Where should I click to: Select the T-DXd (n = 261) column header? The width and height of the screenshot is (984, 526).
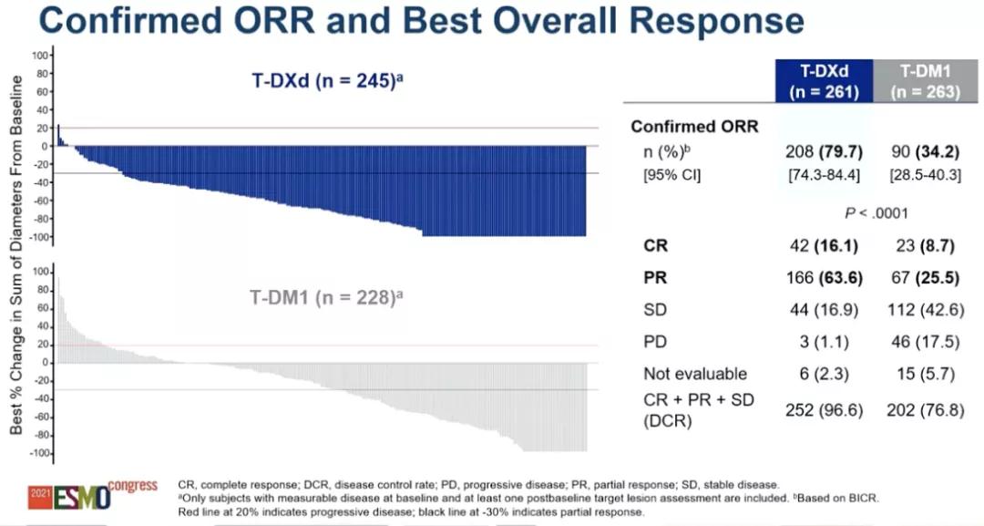click(820, 80)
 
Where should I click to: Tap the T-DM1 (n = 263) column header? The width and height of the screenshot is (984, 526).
click(920, 80)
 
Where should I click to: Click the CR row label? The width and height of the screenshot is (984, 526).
click(655, 245)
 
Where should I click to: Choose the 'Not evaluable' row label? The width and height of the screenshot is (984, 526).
click(682, 374)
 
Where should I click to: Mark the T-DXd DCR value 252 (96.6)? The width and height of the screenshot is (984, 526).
click(819, 410)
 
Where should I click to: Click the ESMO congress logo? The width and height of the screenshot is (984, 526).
click(91, 495)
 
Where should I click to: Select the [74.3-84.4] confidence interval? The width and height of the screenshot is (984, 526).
click(819, 175)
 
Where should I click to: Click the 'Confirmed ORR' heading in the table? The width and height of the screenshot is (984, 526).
click(693, 127)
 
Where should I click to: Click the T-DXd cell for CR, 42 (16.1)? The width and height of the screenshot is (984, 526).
click(819, 245)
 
